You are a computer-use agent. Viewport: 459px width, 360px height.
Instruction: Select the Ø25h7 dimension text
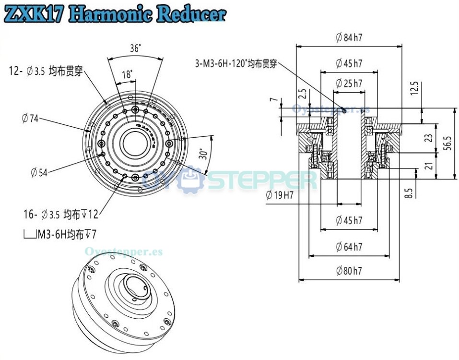(349, 83)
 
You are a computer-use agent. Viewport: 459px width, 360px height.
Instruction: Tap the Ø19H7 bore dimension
(279, 195)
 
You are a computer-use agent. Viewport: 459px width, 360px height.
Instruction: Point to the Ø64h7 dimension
(349, 247)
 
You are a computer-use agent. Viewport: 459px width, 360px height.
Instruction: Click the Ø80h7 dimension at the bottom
(349, 271)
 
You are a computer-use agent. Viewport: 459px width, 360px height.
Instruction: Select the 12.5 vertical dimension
(414, 89)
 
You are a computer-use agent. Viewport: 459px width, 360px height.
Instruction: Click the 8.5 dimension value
(409, 193)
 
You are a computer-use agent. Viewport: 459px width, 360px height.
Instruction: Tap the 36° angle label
(135, 48)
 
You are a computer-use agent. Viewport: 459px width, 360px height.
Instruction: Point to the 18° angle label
(127, 74)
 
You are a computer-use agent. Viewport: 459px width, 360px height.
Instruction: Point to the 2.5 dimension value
(302, 94)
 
